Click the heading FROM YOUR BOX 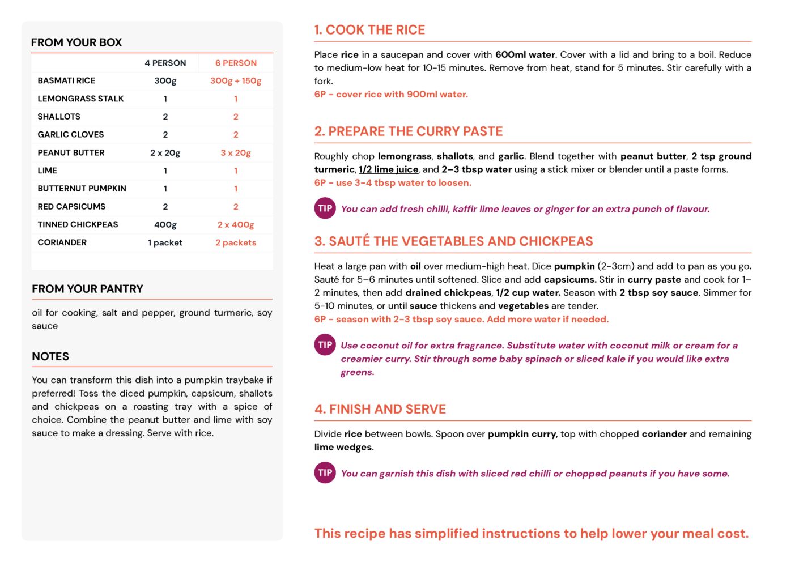click(76, 42)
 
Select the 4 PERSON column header click(165, 63)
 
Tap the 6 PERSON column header click(236, 63)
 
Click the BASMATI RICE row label click(66, 80)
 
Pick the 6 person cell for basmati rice click(236, 80)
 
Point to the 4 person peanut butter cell click(165, 152)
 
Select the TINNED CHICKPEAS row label click(78, 224)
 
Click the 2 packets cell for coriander click(236, 242)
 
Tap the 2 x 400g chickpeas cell click(236, 224)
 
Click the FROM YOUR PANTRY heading click(87, 289)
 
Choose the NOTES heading click(50, 356)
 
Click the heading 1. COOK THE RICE click(369, 30)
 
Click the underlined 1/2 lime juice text click(388, 169)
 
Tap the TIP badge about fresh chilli click(325, 208)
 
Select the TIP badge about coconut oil click(325, 345)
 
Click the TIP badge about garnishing click(325, 473)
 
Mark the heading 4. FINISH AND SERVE click(380, 409)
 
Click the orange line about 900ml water click(391, 95)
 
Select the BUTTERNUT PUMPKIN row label click(82, 188)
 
